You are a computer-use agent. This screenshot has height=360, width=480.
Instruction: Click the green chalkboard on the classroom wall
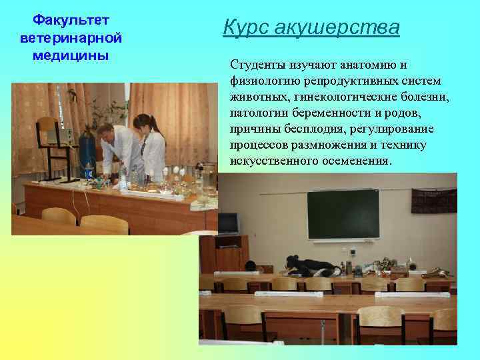343,214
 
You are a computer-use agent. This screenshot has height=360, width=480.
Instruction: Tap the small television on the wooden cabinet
228,223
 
